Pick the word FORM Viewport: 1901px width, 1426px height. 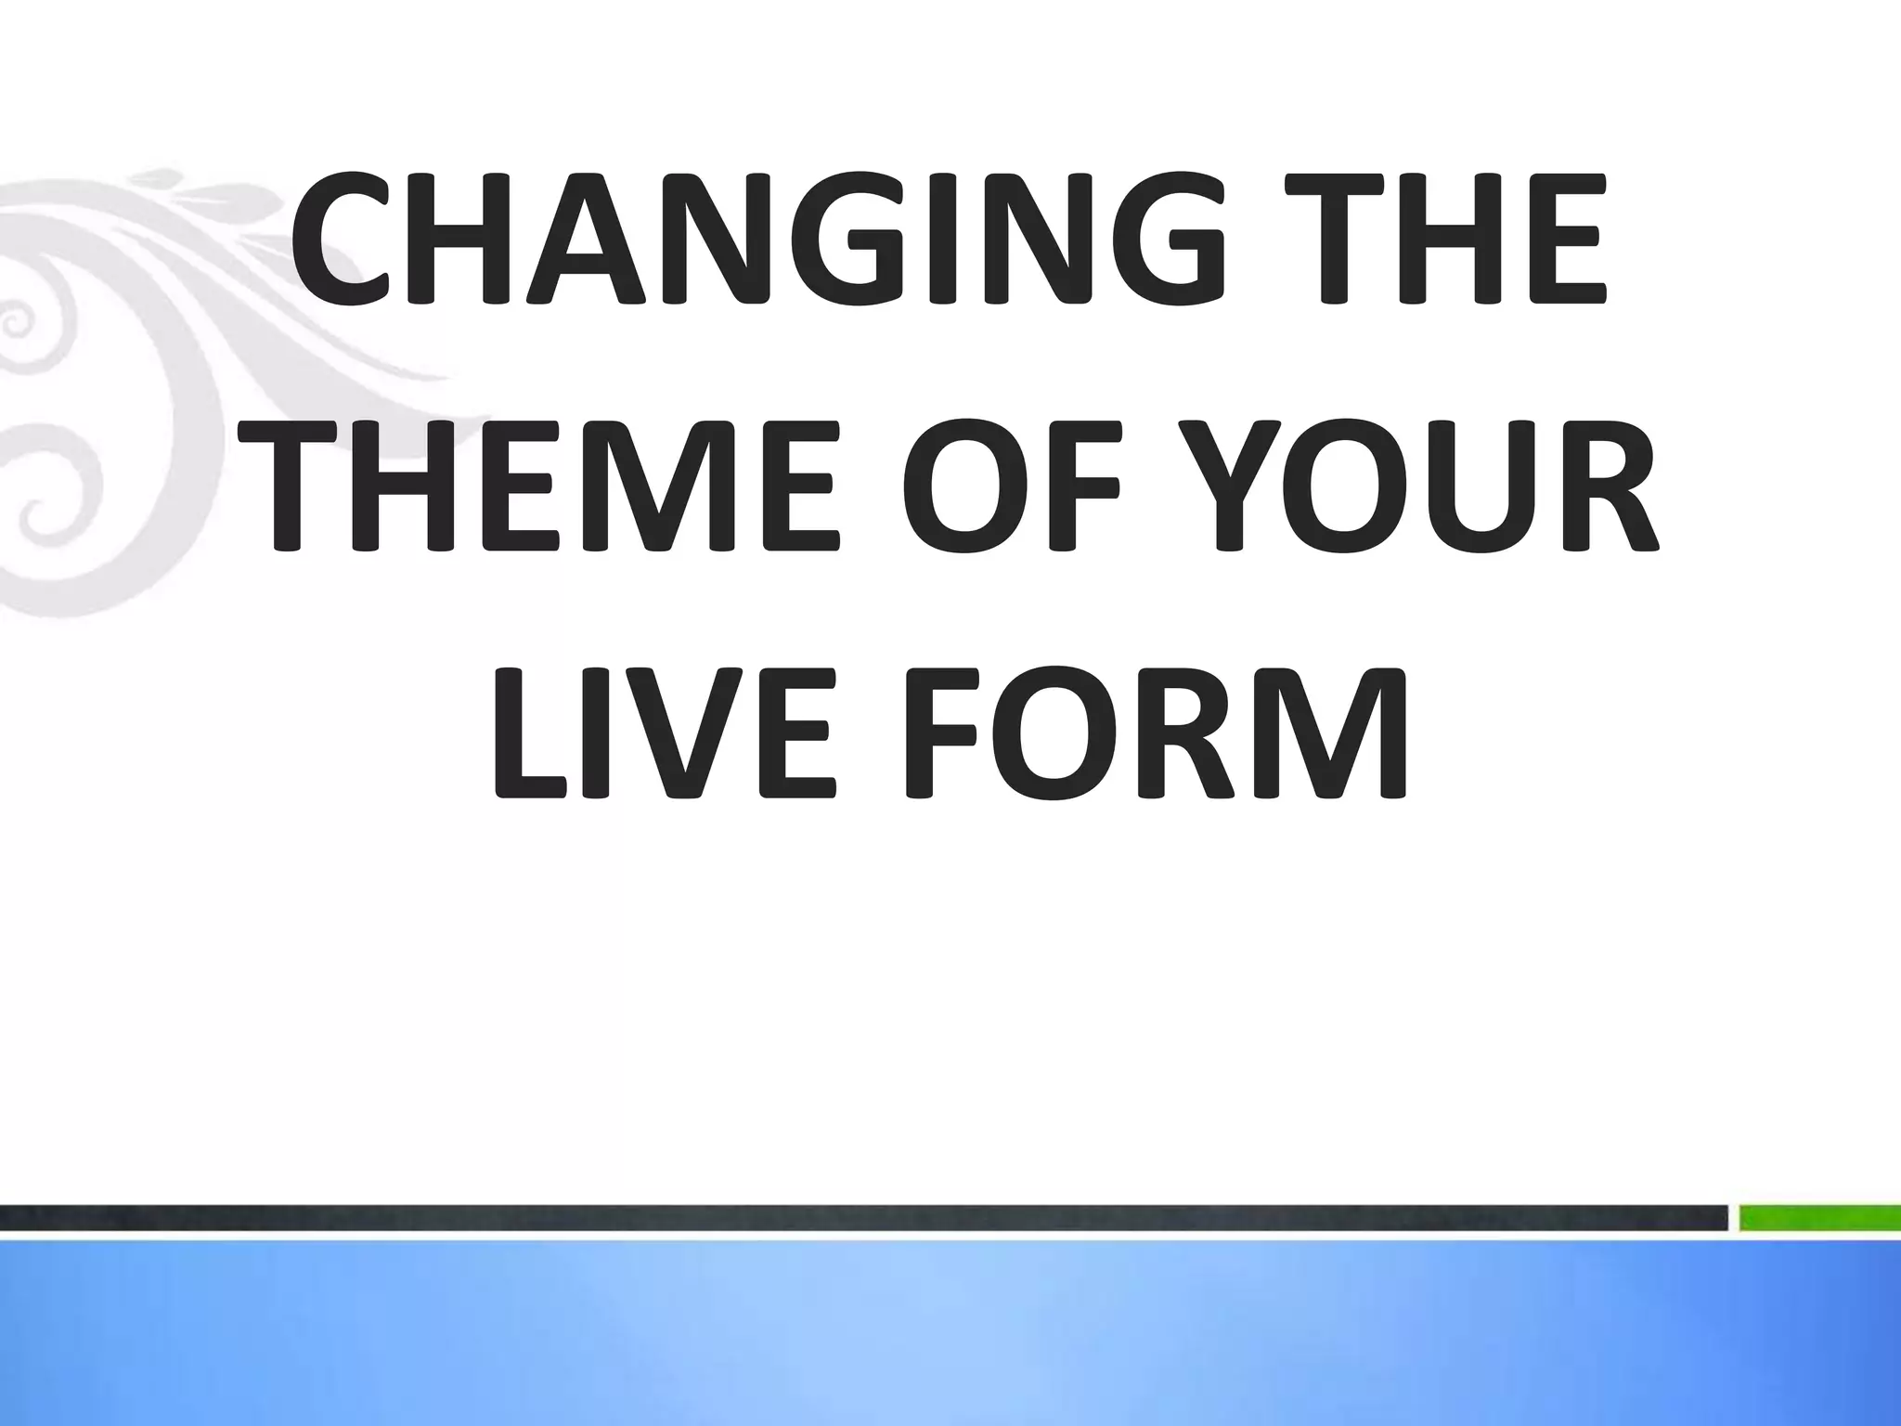point(1156,732)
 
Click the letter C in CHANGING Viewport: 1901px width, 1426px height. point(347,238)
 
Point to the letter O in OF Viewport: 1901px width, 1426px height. point(967,485)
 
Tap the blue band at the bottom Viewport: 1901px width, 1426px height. point(950,1337)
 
